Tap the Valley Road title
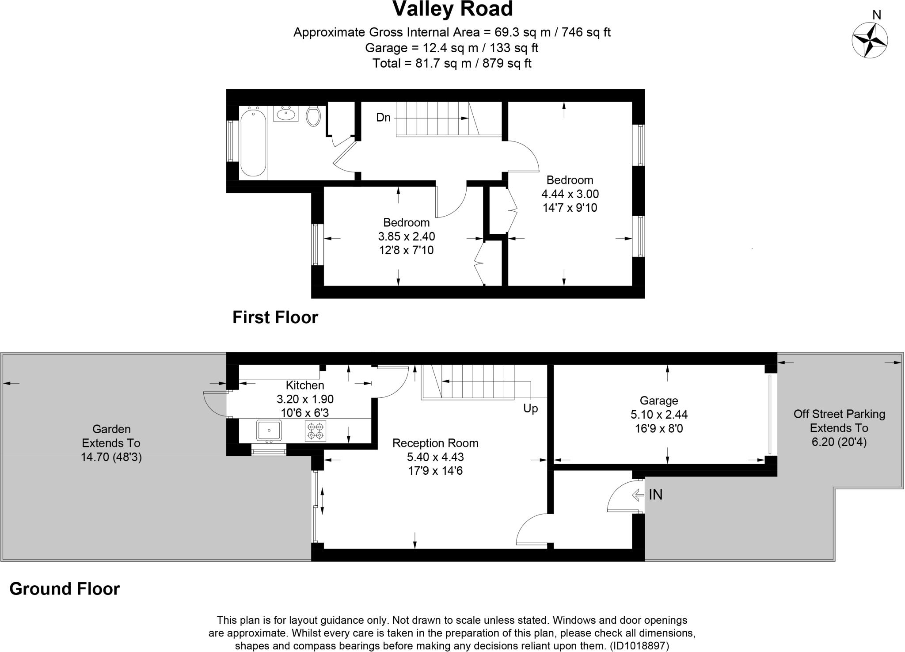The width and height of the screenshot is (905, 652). tap(452, 9)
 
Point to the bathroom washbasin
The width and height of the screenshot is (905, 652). tap(285, 114)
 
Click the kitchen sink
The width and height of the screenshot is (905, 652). tap(269, 431)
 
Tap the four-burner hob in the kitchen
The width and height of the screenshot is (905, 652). tap(316, 431)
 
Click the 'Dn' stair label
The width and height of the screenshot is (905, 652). tap(384, 118)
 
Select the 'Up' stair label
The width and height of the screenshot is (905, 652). tap(531, 408)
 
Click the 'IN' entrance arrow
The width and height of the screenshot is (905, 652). tap(639, 495)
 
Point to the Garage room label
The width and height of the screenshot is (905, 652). tap(659, 400)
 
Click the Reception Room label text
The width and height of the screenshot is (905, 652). tap(435, 443)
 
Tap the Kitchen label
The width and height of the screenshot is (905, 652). tap(305, 385)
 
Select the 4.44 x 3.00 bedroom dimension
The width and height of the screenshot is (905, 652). tap(570, 194)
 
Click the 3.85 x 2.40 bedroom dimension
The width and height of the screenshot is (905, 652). tap(407, 236)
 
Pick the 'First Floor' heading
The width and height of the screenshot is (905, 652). tap(275, 317)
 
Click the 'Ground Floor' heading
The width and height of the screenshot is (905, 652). tap(65, 589)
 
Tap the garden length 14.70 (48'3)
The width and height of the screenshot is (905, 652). tap(111, 457)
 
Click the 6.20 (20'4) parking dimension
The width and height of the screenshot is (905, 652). tap(839, 442)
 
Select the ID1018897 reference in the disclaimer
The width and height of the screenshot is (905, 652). tap(639, 646)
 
